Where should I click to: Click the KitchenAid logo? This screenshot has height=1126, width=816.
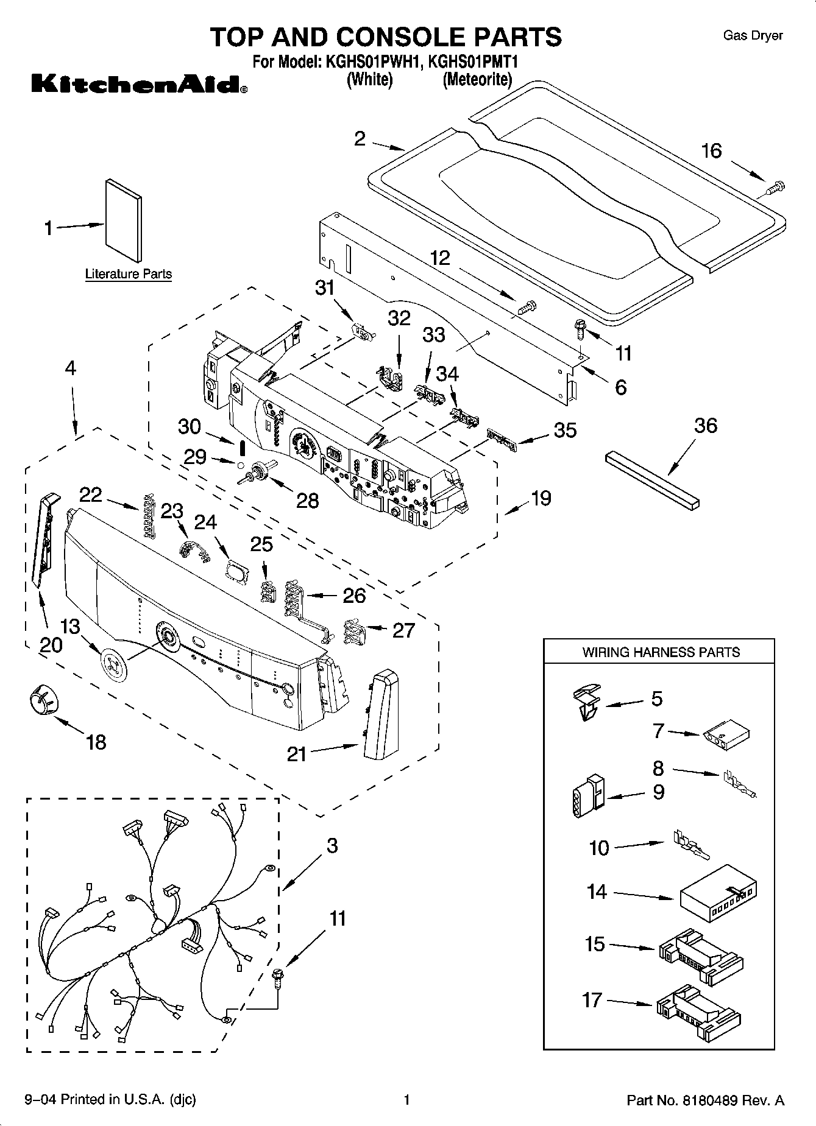pyautogui.click(x=139, y=85)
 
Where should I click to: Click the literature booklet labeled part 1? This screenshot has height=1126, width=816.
pyautogui.click(x=124, y=219)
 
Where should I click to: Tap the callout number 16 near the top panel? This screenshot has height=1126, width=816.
pyautogui.click(x=711, y=150)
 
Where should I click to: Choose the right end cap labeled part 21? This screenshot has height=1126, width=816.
pyautogui.click(x=378, y=711)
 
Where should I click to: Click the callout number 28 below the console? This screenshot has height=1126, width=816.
pyautogui.click(x=307, y=500)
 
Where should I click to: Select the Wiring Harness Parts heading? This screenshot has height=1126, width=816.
pyautogui.click(x=661, y=652)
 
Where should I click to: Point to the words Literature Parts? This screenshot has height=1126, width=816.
pyautogui.click(x=129, y=274)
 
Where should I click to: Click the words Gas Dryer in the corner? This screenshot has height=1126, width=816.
pyautogui.click(x=753, y=35)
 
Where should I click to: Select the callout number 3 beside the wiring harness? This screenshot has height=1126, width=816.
pyautogui.click(x=332, y=845)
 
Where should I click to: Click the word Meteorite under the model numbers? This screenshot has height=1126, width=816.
pyautogui.click(x=477, y=79)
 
